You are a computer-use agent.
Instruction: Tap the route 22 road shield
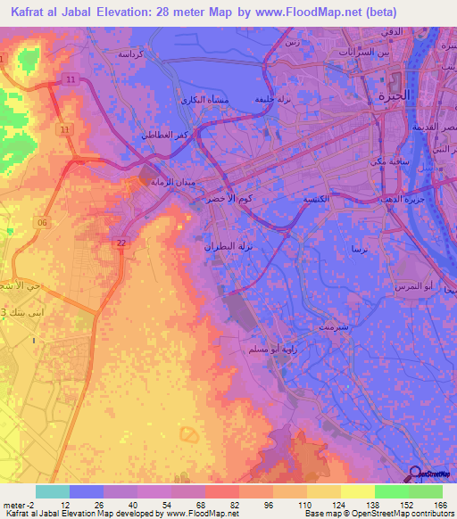coord(120,243)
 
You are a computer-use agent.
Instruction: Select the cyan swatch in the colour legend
coord(53,490)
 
